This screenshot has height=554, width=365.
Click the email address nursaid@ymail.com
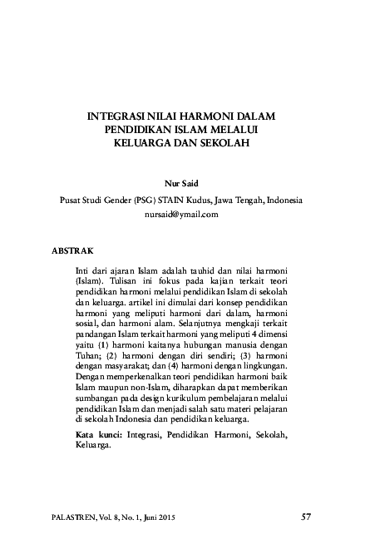point(182,214)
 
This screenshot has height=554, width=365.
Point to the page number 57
point(306,517)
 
